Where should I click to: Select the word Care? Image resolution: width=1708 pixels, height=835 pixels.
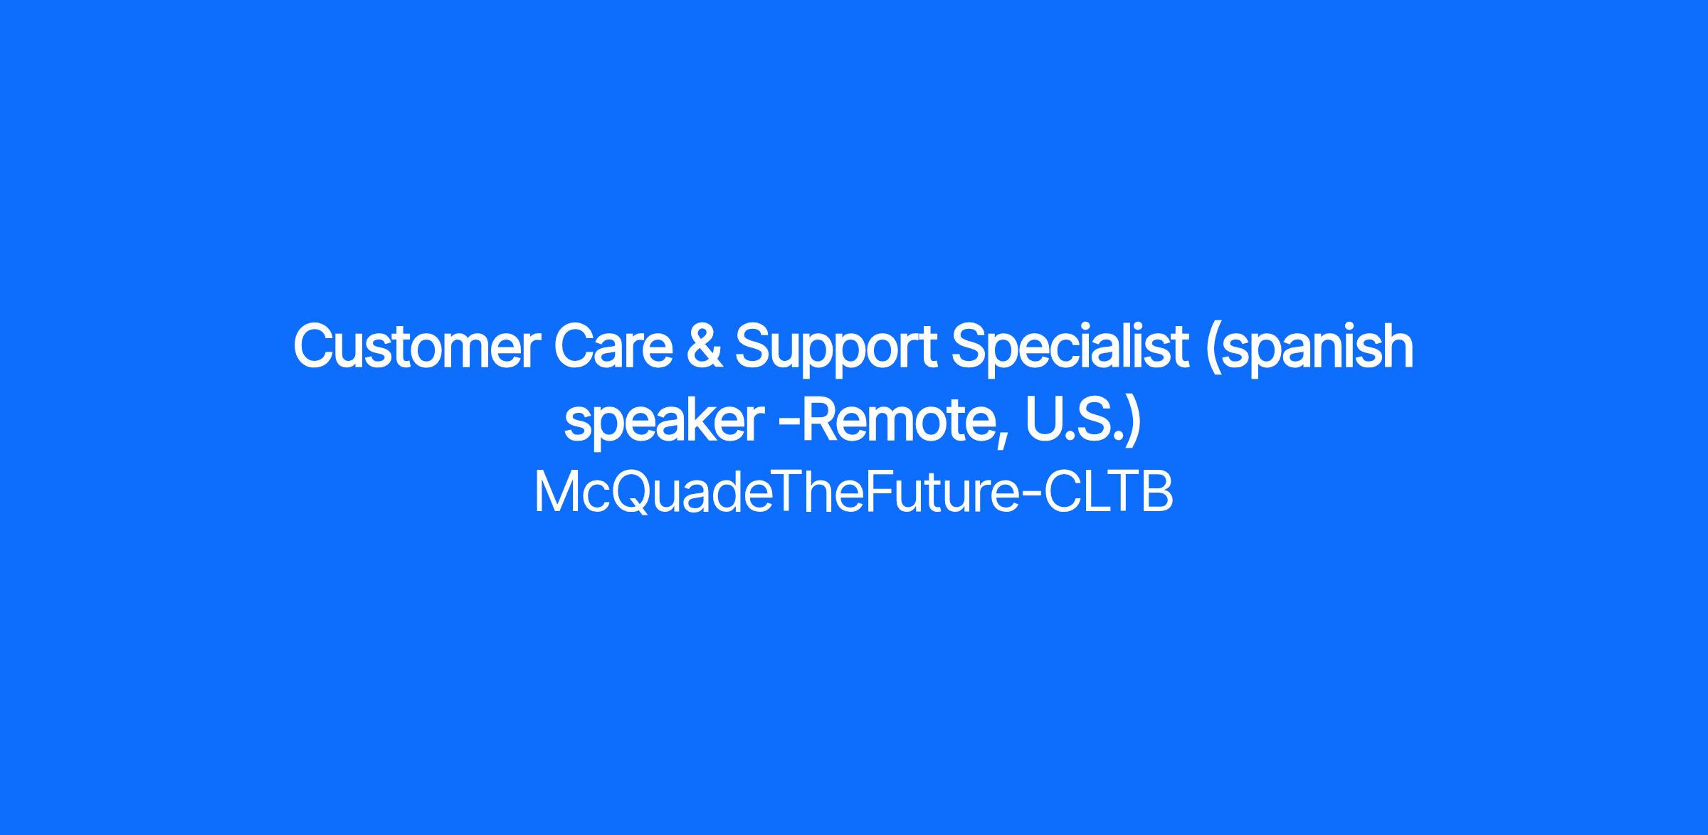click(613, 347)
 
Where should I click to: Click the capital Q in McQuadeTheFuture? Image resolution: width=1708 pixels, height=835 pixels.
click(633, 493)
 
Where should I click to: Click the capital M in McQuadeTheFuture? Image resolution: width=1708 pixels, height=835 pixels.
click(556, 493)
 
